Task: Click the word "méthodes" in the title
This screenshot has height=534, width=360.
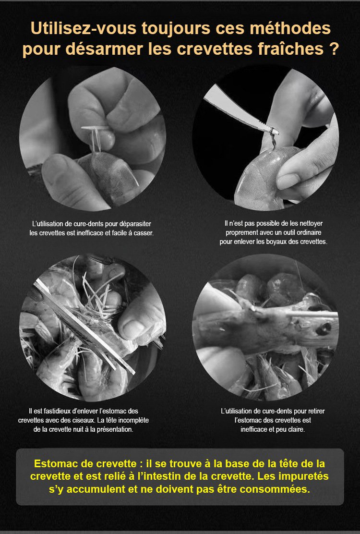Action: point(290,28)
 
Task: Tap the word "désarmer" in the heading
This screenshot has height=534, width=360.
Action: point(104,49)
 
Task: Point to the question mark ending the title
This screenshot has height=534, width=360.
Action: point(334,49)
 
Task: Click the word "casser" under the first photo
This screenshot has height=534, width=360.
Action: point(145,233)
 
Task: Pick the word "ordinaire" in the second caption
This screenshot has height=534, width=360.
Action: point(309,232)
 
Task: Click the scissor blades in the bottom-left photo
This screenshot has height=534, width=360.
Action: point(84,327)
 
